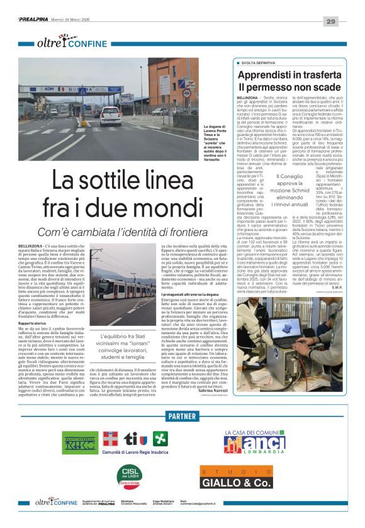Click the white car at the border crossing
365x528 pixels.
click(x=111, y=116)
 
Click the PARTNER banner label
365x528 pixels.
click(x=182, y=417)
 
